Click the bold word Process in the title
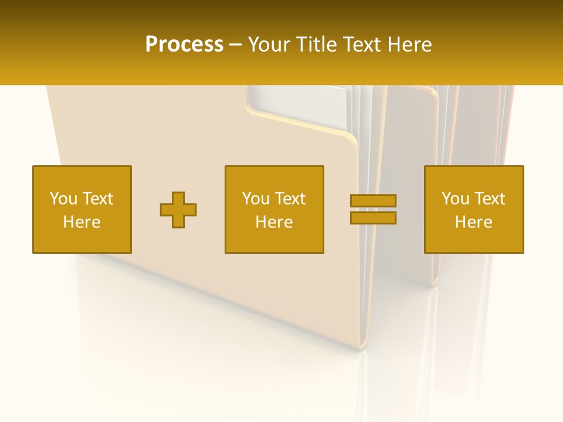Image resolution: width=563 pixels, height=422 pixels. [x=184, y=45]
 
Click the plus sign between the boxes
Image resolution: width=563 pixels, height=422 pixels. [x=178, y=210]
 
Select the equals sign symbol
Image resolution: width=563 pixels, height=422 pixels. [x=374, y=209]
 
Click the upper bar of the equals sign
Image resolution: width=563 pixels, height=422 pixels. [x=374, y=200]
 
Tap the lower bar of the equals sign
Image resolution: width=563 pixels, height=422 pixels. [x=374, y=218]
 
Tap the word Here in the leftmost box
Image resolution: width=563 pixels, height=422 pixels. [x=82, y=222]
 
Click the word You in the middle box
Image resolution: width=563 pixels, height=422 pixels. [x=256, y=199]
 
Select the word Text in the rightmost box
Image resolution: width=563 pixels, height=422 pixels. [x=490, y=199]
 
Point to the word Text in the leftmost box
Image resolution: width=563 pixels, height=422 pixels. [x=98, y=199]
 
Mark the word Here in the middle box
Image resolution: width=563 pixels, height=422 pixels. [x=274, y=222]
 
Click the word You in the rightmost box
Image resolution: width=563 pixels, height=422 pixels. [x=455, y=199]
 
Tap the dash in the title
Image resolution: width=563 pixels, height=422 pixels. [x=235, y=45]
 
